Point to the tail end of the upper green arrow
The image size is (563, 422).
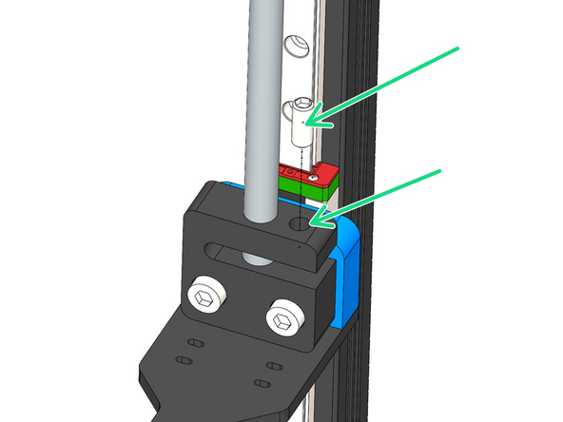tap(458, 48)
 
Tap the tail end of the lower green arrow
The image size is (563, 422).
tap(440, 170)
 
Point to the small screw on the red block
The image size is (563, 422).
tap(315, 176)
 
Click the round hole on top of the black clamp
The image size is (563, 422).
tap(301, 225)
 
